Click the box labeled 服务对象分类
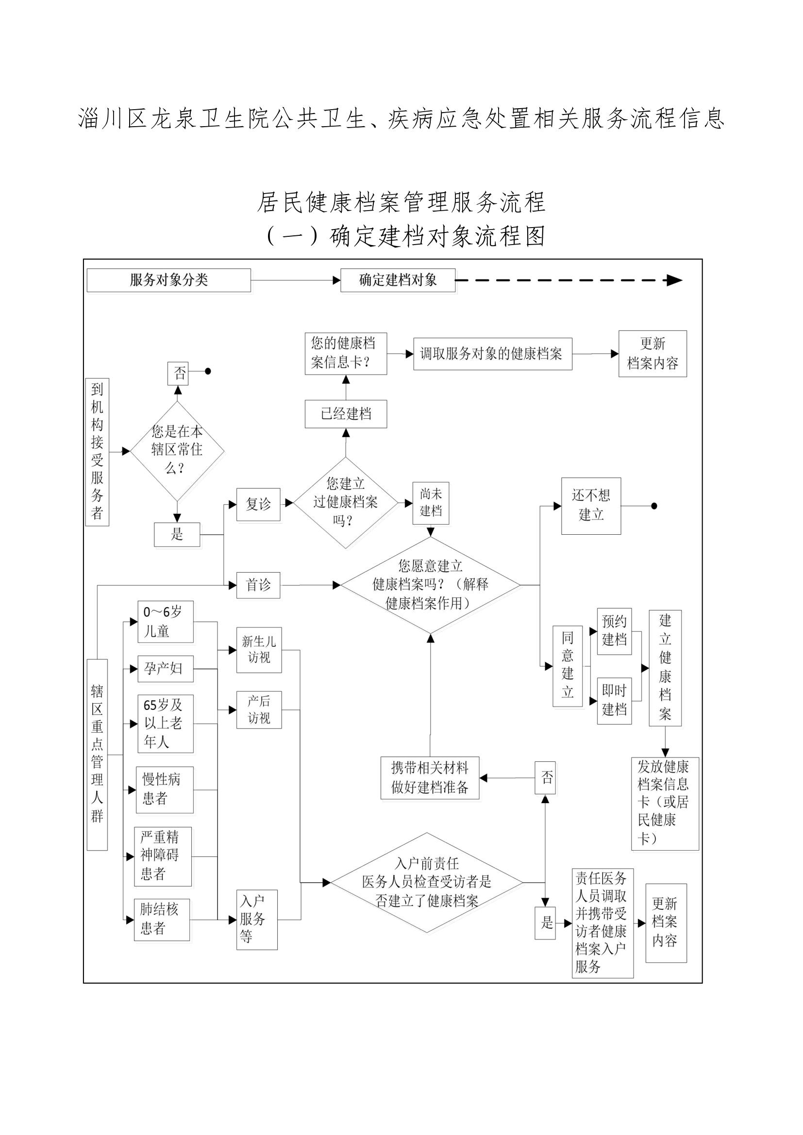(168, 280)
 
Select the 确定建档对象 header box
(398, 280)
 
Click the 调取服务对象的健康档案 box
(492, 354)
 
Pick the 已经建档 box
(346, 414)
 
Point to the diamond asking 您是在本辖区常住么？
(177, 451)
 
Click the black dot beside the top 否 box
(208, 371)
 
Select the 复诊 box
(258, 505)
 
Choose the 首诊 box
(258, 585)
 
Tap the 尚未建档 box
(431, 503)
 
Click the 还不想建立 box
(591, 506)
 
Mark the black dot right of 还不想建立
(654, 506)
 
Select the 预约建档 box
(614, 631)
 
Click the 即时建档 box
(614, 701)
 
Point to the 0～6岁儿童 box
(165, 622)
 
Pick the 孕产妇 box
(165, 669)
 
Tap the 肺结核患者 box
(162, 920)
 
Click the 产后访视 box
(259, 710)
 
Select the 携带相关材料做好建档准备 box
(430, 777)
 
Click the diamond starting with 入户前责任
(427, 882)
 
